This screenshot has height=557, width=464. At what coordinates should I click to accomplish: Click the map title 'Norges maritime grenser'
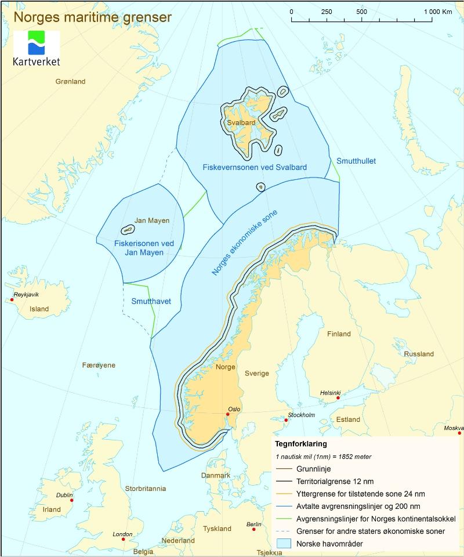click(x=93, y=17)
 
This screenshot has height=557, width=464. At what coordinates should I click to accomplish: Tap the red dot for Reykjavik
click(x=13, y=300)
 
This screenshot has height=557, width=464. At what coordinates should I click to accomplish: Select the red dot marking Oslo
click(x=227, y=414)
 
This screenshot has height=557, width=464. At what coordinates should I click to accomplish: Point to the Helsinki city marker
click(x=338, y=398)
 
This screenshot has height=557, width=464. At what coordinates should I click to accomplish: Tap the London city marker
click(x=123, y=540)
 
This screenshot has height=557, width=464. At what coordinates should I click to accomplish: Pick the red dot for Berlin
click(x=253, y=529)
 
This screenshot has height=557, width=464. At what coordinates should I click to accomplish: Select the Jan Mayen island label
click(x=152, y=220)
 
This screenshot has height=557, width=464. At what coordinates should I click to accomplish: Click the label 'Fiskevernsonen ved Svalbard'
click(x=255, y=167)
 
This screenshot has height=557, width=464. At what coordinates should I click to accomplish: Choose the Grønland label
click(x=70, y=81)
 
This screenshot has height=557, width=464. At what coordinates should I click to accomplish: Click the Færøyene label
click(x=99, y=365)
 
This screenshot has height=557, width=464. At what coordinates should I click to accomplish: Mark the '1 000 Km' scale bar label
click(x=438, y=12)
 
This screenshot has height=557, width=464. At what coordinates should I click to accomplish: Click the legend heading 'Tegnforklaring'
click(x=301, y=444)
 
